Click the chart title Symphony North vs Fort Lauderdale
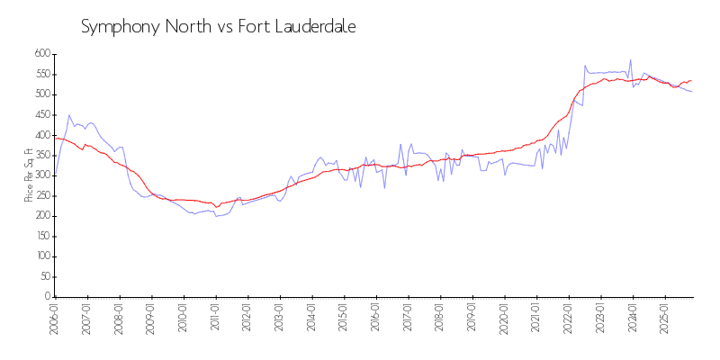coord(219,27)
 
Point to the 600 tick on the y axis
coord(41,54)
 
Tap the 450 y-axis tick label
coord(41,115)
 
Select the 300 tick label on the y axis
coord(41,175)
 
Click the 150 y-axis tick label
coord(41,237)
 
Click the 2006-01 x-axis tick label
coord(55,320)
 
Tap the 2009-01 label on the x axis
coord(151,320)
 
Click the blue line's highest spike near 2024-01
coord(630,60)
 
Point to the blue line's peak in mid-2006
coord(68,115)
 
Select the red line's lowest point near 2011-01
coord(216,207)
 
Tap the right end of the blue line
coord(692,92)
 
